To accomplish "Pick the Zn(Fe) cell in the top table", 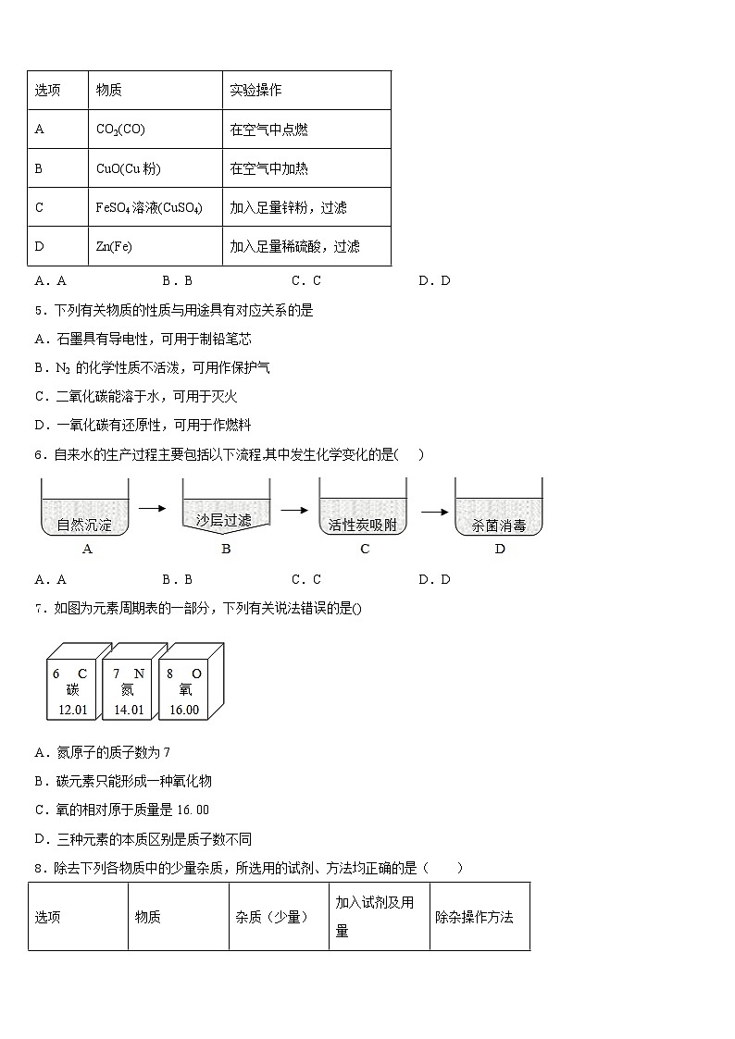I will coord(112,247).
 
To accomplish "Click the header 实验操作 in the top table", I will coord(255,91).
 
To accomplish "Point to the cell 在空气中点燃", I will coord(268,130).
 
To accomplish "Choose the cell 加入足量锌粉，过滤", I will coord(294,208).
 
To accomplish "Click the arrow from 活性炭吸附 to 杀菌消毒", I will coord(430,509).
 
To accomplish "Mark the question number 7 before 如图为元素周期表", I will coord(38,608).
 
